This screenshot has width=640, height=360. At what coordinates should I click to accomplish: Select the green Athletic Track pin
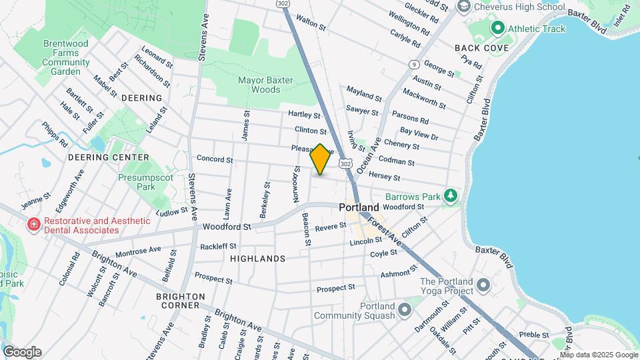tap(497, 29)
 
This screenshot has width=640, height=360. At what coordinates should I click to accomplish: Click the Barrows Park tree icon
tap(451, 196)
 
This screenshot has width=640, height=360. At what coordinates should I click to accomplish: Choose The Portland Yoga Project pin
tap(483, 286)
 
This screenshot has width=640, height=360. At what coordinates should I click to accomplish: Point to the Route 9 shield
tap(415, 64)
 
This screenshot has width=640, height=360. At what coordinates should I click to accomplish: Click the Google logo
tap(22, 352)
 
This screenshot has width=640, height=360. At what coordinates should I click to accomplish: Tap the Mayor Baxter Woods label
tap(259, 85)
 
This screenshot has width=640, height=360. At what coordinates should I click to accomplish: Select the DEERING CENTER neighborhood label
tap(109, 157)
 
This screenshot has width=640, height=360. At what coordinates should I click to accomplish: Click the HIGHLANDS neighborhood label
tap(257, 258)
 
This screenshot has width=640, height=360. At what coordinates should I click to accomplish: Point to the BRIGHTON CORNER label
tap(177, 301)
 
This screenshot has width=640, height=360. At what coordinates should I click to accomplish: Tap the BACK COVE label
tap(481, 48)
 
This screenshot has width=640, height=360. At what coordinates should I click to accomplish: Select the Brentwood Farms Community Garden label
tap(66, 57)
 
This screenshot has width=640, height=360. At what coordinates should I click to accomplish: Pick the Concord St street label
tap(215, 159)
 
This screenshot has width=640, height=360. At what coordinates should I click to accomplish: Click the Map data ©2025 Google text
tap(599, 355)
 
